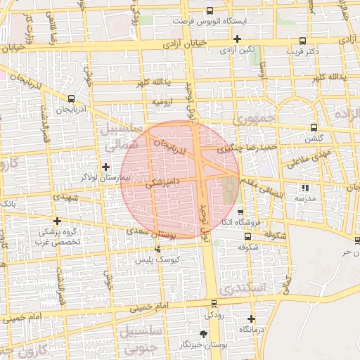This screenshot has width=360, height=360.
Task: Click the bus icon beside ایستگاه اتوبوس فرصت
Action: click(210, 11)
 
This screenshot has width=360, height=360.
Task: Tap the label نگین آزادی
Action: click(236, 51)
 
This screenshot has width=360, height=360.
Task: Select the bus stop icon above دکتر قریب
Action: click(303, 41)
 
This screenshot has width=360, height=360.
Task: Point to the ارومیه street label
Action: click(163, 102)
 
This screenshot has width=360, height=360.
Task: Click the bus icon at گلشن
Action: click(314, 127)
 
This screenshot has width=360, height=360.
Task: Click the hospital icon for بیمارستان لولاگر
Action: click(105, 167)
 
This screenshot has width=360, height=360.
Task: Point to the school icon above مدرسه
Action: click(304, 188)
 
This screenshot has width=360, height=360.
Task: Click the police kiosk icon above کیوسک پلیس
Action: click(157, 248)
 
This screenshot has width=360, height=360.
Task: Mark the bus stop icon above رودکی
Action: click(214, 304)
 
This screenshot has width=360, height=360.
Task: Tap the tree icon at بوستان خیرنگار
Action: click(203, 333)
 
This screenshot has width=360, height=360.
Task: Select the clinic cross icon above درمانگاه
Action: click(251, 319)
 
